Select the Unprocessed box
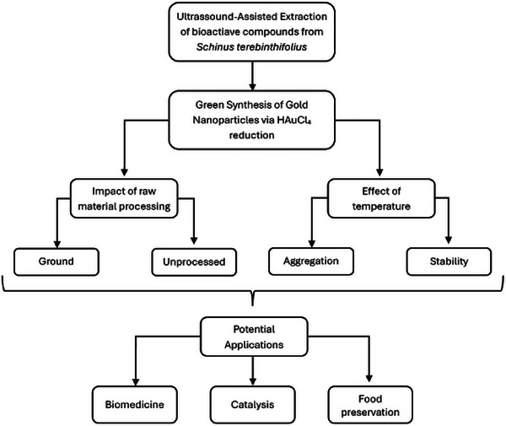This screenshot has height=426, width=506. (194, 262)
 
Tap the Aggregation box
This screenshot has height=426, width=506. (310, 262)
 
